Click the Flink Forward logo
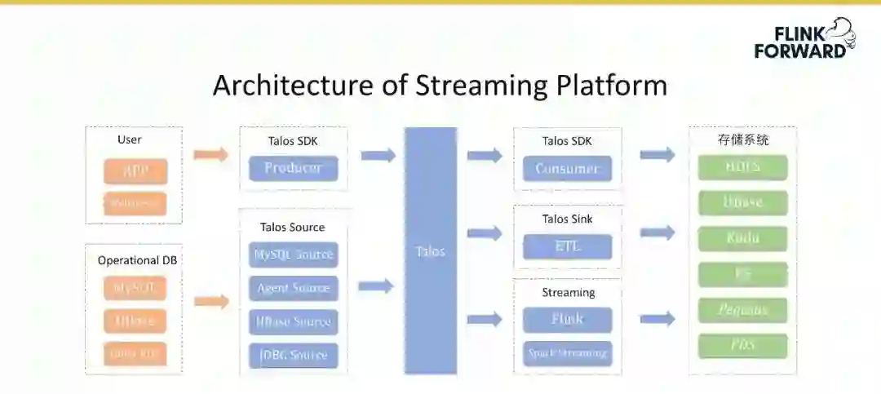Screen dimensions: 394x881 pos(804,39)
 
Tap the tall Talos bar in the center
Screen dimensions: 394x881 pos(431,250)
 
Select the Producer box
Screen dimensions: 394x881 pos(293,169)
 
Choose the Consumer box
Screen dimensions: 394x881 pos(567,169)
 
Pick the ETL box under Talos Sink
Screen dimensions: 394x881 pos(567,246)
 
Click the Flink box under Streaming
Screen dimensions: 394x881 pos(567,319)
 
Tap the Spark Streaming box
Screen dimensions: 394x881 pos(567,353)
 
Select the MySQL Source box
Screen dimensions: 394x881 pos(294,255)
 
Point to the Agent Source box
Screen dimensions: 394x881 pos(294,288)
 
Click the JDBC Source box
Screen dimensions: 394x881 pos(294,355)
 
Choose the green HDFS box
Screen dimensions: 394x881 pos(742,167)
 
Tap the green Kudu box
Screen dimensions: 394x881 pos(742,238)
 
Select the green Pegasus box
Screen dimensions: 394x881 pos(742,310)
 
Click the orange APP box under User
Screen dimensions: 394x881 pos(135,171)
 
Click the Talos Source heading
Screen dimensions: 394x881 pos(292,227)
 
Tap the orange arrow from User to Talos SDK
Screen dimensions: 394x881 pos(211,155)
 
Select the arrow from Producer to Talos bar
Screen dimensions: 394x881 pos(378,155)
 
